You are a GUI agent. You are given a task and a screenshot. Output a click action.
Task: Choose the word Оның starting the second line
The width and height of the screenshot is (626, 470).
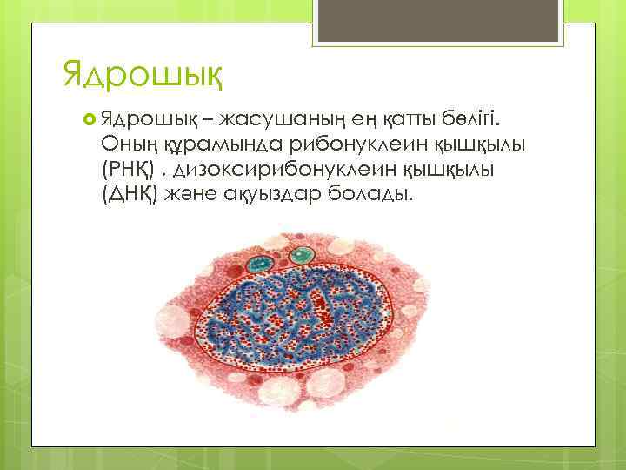pos(124,142)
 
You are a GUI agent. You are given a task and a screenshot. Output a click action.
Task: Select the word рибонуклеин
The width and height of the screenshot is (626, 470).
pos(343,142)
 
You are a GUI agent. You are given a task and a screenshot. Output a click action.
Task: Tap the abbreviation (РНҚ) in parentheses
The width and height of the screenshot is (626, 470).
pos(130,166)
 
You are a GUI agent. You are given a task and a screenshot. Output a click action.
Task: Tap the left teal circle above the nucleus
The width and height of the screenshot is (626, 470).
pos(259,262)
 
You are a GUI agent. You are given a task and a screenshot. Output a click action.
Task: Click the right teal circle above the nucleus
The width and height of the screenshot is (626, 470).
pos(302,255)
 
